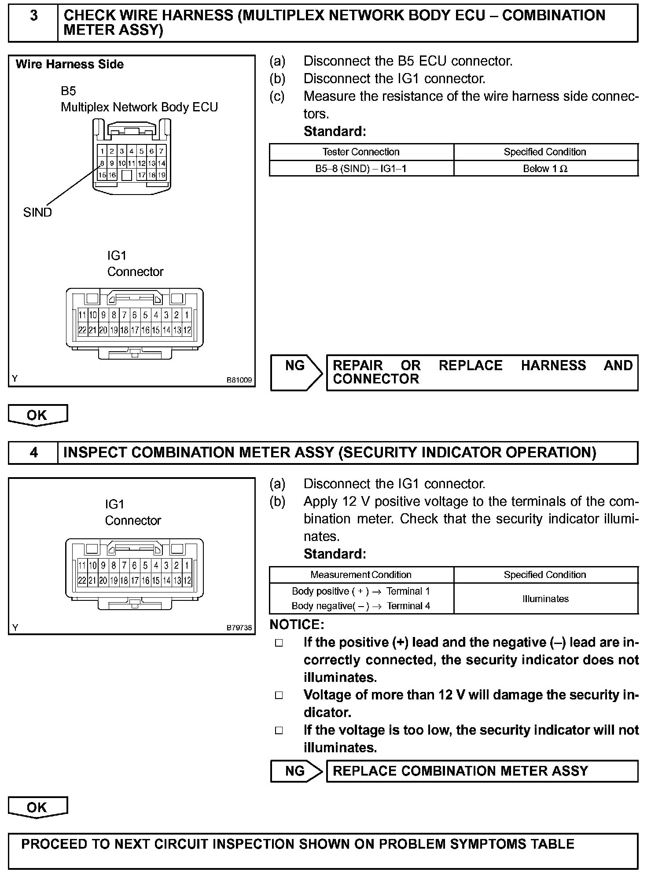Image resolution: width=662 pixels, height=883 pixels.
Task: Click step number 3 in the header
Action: tap(33, 16)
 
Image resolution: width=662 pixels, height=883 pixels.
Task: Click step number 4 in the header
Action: tap(33, 453)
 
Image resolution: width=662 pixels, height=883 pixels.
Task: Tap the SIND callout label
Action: tap(37, 212)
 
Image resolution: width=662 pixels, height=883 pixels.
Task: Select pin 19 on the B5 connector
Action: tap(162, 175)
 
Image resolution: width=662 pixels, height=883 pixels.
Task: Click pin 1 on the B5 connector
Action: tap(102, 151)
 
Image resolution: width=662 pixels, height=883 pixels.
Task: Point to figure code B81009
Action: tap(239, 379)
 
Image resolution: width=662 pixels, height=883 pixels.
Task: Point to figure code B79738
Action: tap(239, 628)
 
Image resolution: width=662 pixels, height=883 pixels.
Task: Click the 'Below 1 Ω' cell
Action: tap(545, 169)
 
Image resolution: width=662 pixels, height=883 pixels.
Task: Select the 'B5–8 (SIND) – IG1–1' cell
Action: tap(361, 169)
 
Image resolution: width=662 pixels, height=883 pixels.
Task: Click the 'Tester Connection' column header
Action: tap(361, 152)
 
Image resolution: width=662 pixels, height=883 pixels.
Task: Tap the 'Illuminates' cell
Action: tap(545, 599)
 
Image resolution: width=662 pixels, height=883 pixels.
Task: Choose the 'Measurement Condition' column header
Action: tap(361, 574)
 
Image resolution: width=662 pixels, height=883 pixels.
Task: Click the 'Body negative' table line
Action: tap(361, 606)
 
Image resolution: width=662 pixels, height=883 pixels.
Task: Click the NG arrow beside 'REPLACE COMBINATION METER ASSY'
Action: tap(296, 771)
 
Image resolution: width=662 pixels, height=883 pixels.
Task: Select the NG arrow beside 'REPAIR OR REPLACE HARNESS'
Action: tap(296, 372)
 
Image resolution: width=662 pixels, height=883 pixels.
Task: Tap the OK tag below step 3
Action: tap(37, 415)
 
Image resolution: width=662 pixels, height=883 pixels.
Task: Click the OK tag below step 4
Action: tap(37, 807)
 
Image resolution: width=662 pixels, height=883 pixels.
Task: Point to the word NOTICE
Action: tap(297, 624)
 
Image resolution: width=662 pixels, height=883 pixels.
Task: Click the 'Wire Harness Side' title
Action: tap(70, 64)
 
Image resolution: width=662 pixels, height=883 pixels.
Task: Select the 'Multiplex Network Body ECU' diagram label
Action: tap(139, 107)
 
